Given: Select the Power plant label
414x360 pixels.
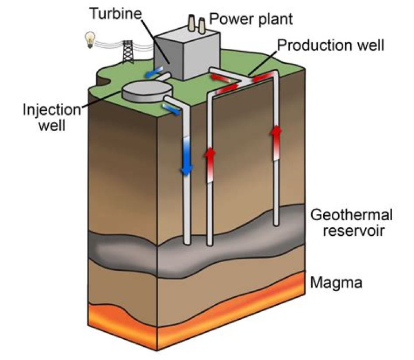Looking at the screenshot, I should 251,18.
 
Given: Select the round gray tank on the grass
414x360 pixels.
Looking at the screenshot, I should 148,90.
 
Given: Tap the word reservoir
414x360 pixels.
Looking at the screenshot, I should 351,231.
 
